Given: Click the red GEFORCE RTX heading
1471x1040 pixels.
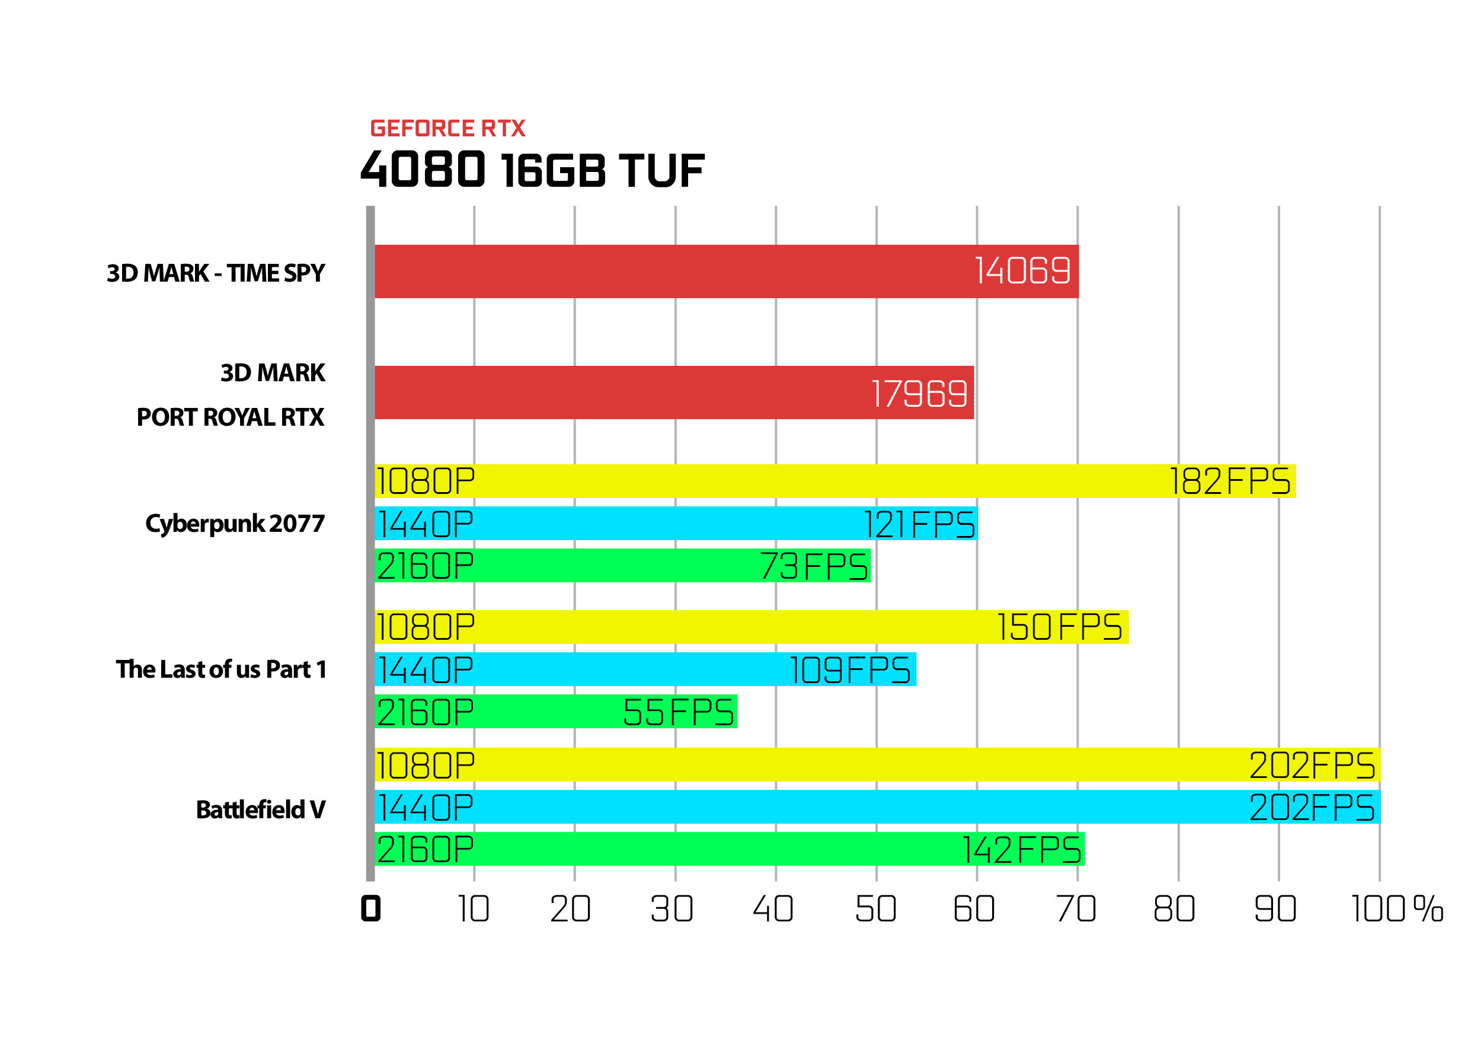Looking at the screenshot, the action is click(448, 128).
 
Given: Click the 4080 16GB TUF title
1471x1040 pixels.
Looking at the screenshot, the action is click(532, 170).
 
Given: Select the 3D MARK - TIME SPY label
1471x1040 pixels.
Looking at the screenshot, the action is click(216, 273).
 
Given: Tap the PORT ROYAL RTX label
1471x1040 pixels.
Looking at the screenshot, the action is click(231, 417).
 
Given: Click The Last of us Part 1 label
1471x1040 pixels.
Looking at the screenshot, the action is click(221, 669).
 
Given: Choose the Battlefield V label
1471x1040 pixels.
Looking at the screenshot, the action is click(261, 810).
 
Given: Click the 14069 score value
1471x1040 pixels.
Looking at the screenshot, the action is click(1022, 270).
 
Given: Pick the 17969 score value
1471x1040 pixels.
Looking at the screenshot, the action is click(919, 394).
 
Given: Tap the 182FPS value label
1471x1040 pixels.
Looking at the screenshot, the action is click(1230, 482).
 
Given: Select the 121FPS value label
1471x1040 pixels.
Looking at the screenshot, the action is click(920, 525).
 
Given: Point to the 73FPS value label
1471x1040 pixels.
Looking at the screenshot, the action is click(814, 567).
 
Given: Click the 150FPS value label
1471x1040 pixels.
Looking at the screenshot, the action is click(1060, 627).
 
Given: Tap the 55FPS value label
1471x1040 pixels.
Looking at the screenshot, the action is click(679, 713).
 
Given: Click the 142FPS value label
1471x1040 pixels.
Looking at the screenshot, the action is click(1022, 850).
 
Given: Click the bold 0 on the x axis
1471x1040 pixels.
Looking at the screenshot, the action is click(371, 908).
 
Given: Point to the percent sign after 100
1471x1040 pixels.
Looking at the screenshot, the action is click(1428, 908).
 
